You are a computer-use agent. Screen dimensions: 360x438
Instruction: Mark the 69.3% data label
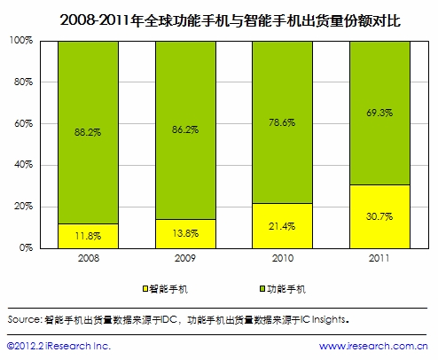379,113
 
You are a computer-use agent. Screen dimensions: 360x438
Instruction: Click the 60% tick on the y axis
23,124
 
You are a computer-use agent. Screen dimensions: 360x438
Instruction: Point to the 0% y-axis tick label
26,248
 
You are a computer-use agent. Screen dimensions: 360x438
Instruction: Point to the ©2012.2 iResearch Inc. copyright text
59,346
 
